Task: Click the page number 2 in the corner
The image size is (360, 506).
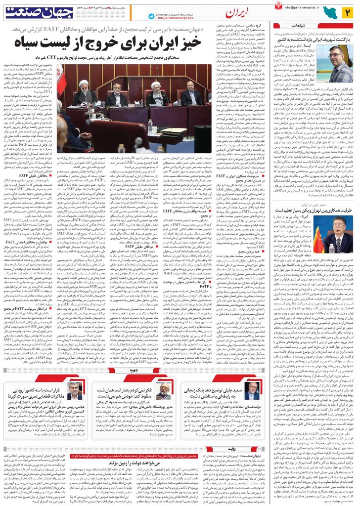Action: tap(347, 11)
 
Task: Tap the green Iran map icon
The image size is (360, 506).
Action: tap(329, 11)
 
